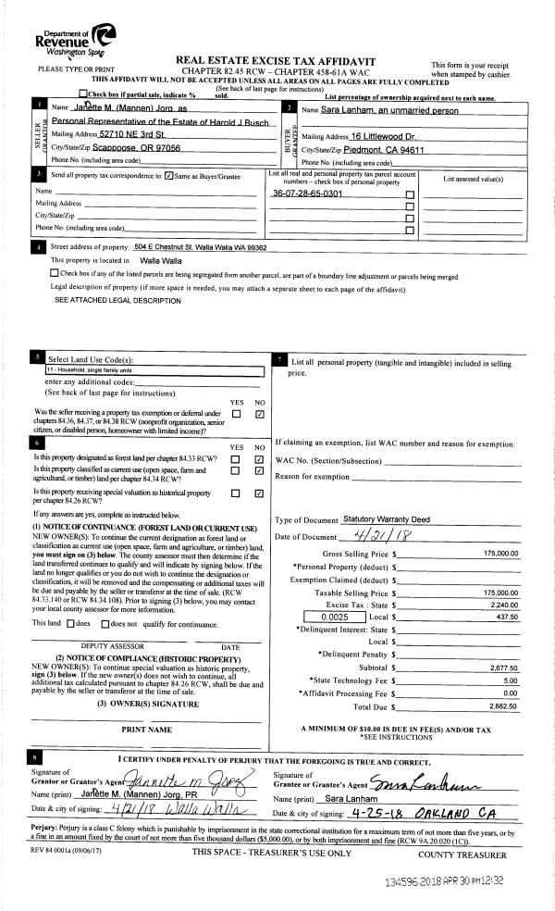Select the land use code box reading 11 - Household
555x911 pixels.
tap(154, 369)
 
